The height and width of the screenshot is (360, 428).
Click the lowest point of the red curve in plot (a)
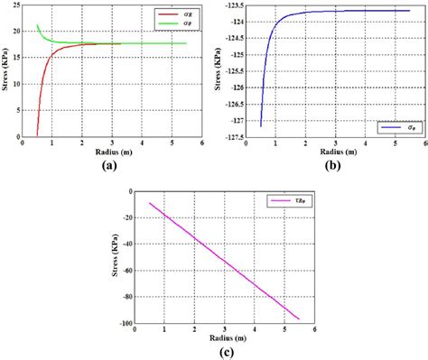pos(37,135)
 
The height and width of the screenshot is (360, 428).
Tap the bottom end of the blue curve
pos(260,126)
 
